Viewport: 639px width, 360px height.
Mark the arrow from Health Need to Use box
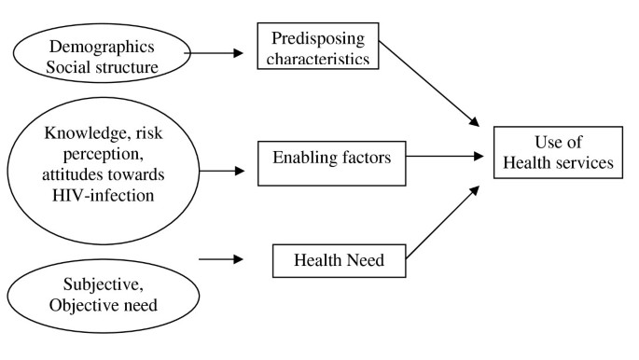pyautogui.click(x=446, y=221)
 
